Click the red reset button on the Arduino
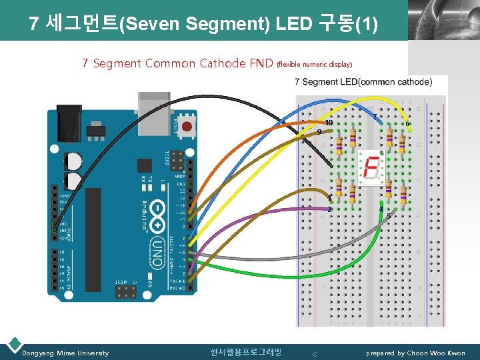[x=187, y=125]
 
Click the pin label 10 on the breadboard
[x=329, y=123]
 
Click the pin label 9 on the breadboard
[x=319, y=132]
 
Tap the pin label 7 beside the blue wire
[x=375, y=117]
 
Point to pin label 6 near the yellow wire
[x=407, y=123]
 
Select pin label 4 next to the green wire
[x=381, y=209]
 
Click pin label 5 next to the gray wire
[x=389, y=217]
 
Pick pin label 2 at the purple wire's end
[x=329, y=209]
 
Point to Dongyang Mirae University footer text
[x=65, y=353]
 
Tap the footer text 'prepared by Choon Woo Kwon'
[x=415, y=353]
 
